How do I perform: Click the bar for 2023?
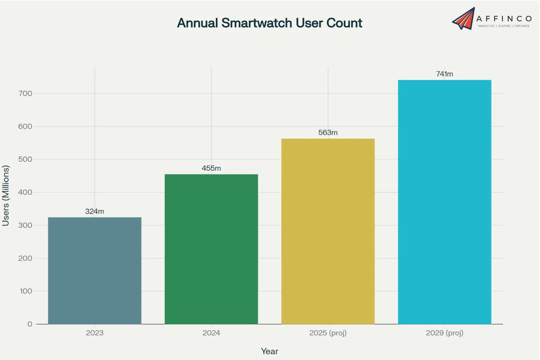pyautogui.click(x=94, y=270)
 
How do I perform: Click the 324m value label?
pyautogui.click(x=94, y=211)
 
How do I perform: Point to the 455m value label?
pyautogui.click(x=211, y=168)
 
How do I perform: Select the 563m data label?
pyautogui.click(x=328, y=133)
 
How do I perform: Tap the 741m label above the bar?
pyautogui.click(x=444, y=74)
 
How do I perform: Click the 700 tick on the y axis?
pyautogui.click(x=25, y=94)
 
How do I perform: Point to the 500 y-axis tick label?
pyautogui.click(x=25, y=159)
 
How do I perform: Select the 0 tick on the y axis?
pyautogui.click(x=30, y=324)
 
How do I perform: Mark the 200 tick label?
pyautogui.click(x=25, y=258)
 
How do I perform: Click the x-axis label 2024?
pyautogui.click(x=211, y=333)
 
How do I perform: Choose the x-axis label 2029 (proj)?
pyautogui.click(x=444, y=333)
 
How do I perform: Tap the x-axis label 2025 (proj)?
pyautogui.click(x=328, y=333)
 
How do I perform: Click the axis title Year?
pyautogui.click(x=269, y=351)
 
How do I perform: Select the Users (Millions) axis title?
pyautogui.click(x=6, y=195)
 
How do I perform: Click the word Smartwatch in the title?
pyautogui.click(x=256, y=23)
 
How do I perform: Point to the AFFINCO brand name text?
pyautogui.click(x=504, y=19)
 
